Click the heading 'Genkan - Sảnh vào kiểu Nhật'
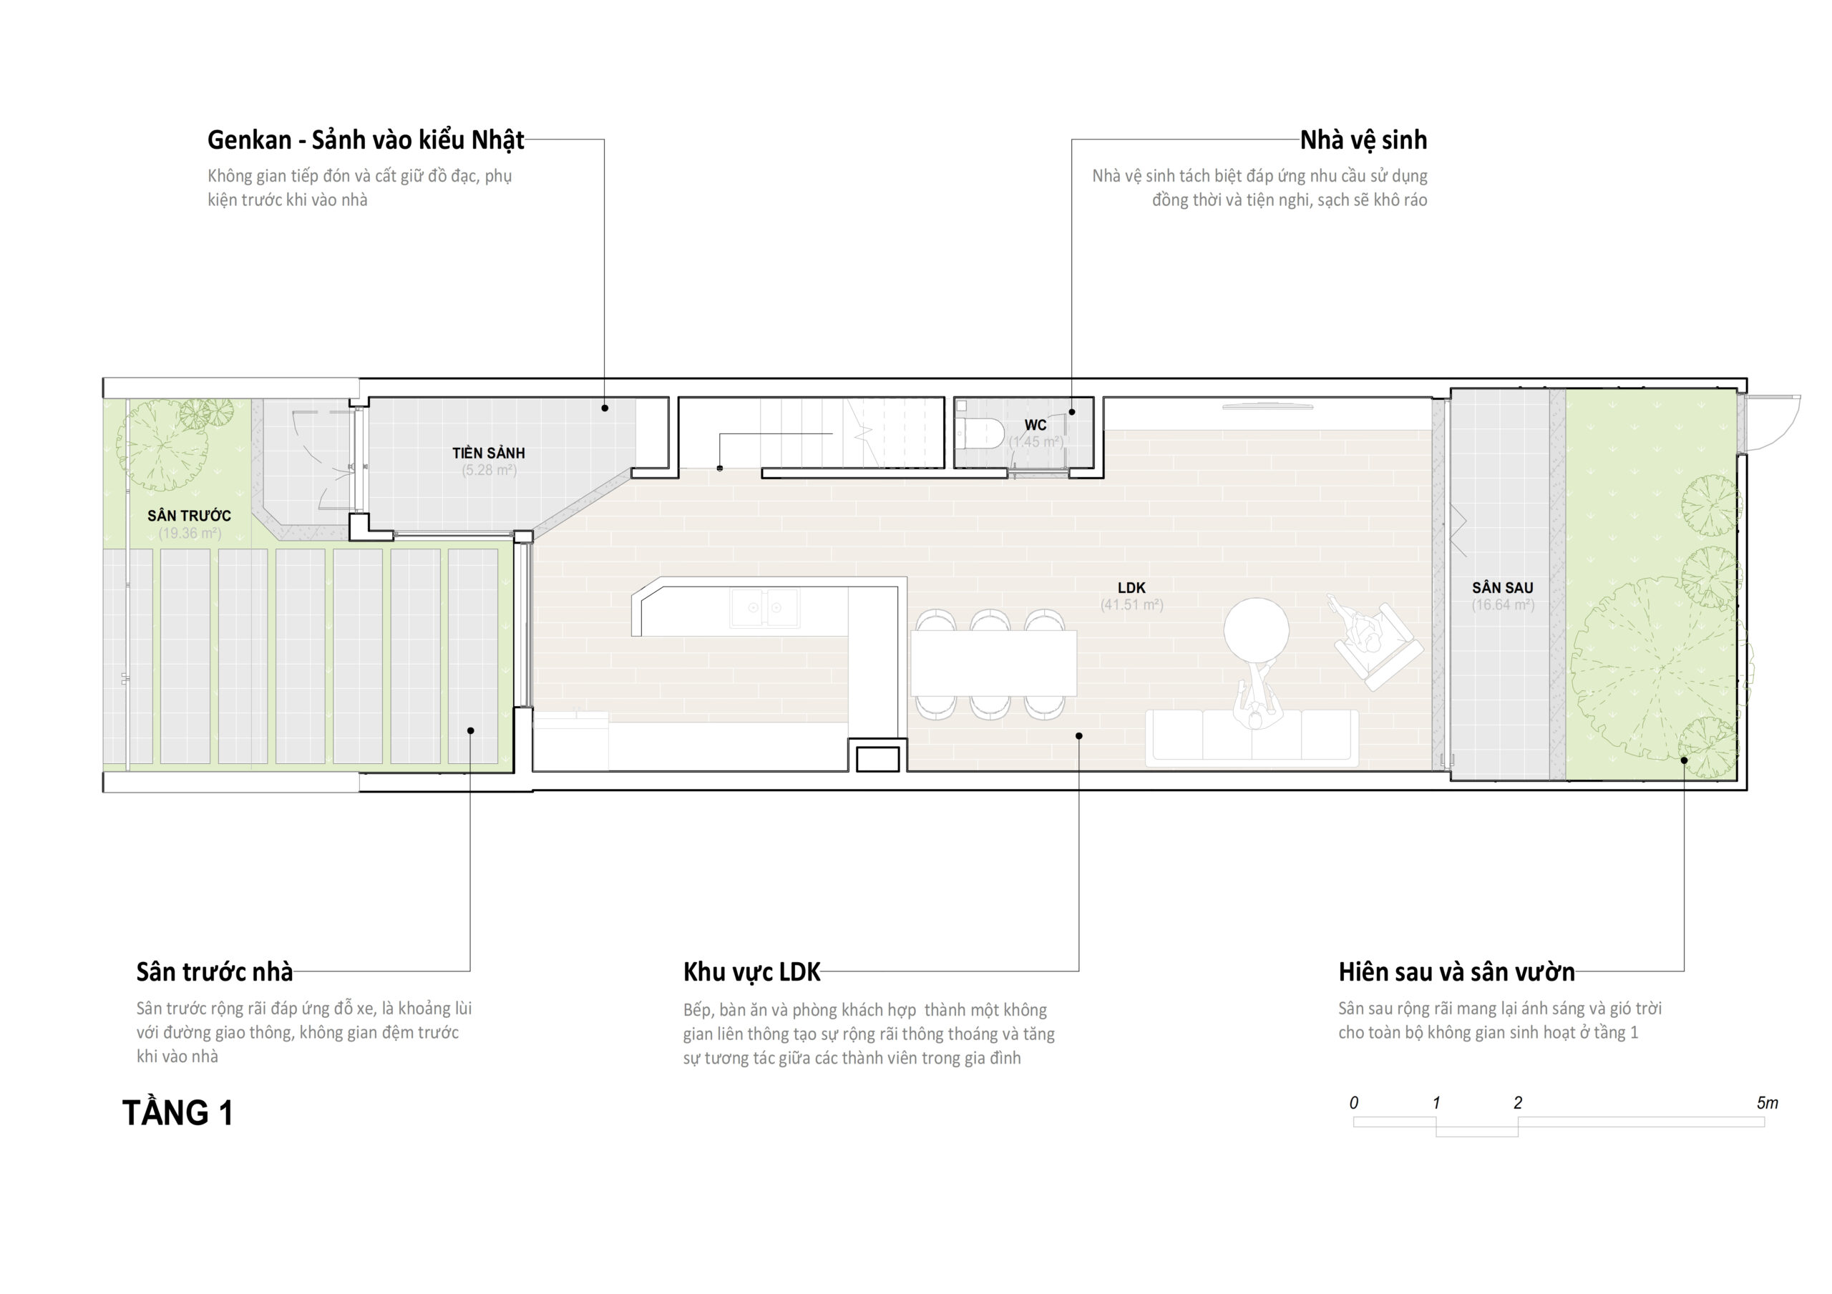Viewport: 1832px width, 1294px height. coord(366,140)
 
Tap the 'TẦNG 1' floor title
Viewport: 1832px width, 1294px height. coord(177,1112)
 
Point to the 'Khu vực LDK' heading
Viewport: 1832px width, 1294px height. coord(751,971)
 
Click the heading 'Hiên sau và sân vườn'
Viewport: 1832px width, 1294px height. coord(1457,971)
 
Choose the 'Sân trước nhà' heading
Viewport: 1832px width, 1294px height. coord(215,971)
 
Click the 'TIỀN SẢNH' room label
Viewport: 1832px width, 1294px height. coord(489,452)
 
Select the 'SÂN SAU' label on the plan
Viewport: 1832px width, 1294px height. coord(1503,588)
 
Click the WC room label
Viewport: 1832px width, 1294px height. coord(1036,424)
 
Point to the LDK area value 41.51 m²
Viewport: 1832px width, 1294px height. coord(1131,604)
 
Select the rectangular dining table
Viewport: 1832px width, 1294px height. coord(993,663)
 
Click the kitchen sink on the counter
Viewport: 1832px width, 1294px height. coord(764,607)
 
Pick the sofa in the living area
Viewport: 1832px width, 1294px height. coord(1252,738)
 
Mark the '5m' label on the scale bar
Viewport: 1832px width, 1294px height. coord(1768,1102)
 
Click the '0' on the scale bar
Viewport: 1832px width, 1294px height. coord(1353,1102)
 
